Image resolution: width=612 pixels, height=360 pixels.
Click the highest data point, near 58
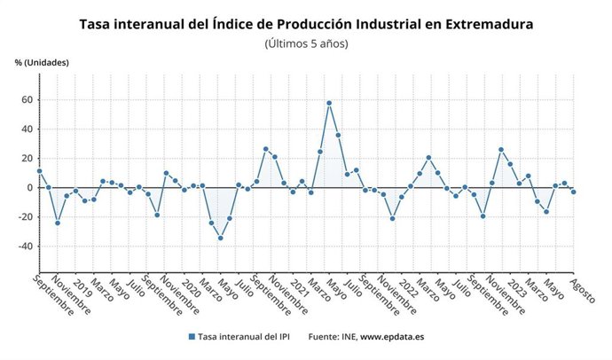click(x=329, y=103)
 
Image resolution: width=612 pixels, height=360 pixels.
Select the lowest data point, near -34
click(x=220, y=238)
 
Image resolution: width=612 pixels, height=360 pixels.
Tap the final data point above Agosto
click(x=574, y=192)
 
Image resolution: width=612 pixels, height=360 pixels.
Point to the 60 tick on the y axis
click(x=27, y=100)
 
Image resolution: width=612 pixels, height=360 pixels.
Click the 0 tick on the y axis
click(x=29, y=188)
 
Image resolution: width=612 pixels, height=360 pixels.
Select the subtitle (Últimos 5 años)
click(x=307, y=43)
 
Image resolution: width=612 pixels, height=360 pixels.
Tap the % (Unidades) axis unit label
click(x=41, y=62)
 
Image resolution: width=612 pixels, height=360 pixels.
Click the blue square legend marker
click(x=192, y=337)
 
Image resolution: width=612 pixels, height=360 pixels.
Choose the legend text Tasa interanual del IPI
click(x=245, y=337)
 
